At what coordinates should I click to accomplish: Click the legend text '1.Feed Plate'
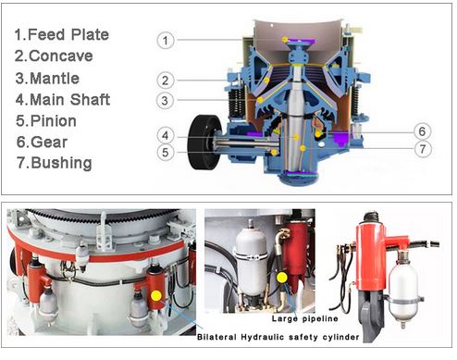62,34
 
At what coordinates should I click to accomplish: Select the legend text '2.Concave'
54,56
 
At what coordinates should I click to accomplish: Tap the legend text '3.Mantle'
47,79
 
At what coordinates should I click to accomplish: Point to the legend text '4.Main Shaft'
63,100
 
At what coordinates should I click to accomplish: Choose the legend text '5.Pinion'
46,121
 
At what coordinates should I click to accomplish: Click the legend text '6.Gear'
42,143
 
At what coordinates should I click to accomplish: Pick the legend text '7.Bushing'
55,163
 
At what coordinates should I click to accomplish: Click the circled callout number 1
166,41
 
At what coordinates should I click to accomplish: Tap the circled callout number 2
166,81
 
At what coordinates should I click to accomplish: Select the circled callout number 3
165,101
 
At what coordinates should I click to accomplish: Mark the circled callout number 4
166,135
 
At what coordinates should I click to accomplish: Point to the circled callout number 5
166,153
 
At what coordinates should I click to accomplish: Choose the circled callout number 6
422,131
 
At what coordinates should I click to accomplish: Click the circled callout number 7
423,149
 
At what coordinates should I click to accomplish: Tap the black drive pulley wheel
204,143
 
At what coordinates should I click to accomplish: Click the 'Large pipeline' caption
305,318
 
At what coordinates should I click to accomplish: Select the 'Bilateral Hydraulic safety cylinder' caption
278,337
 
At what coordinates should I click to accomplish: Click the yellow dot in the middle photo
282,278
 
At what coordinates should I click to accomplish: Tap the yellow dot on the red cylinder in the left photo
156,296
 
